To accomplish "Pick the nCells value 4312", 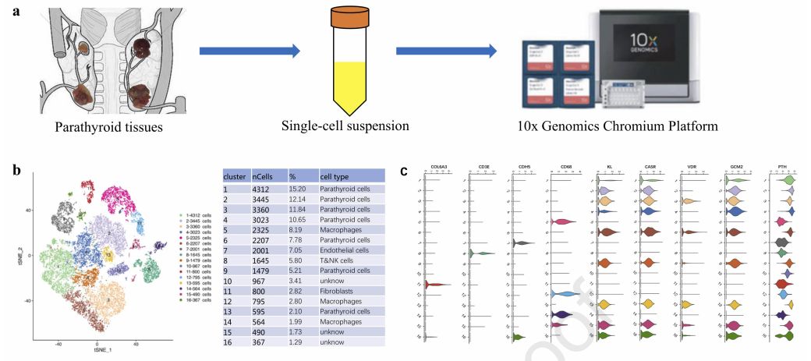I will pyautogui.click(x=264, y=188).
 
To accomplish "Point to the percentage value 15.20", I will pyautogui.click(x=299, y=188).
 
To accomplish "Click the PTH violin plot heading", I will pyautogui.click(x=783, y=167).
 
